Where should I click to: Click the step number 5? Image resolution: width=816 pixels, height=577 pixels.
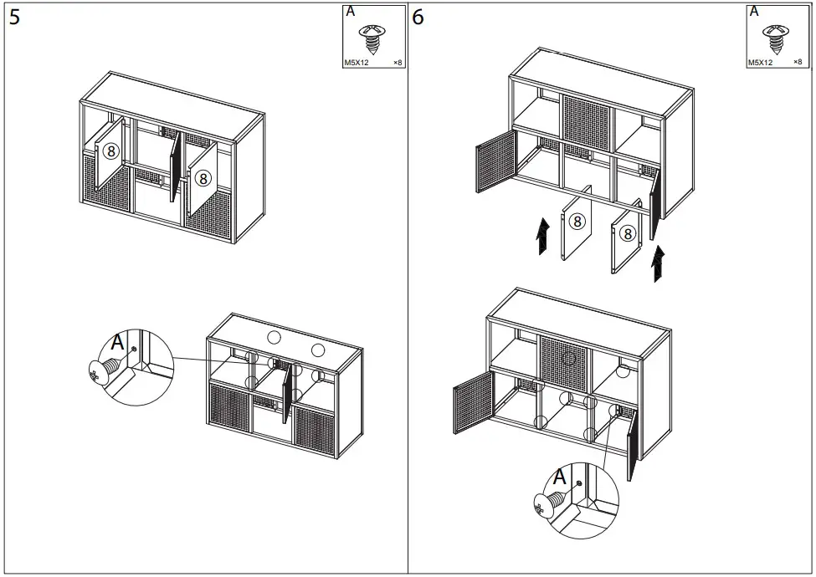(15, 18)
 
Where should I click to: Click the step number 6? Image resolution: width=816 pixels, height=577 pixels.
(418, 18)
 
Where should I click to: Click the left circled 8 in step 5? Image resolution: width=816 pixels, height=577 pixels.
(111, 151)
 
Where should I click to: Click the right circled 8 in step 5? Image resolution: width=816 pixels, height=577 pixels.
(203, 178)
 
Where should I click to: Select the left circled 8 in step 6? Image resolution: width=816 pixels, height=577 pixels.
(577, 221)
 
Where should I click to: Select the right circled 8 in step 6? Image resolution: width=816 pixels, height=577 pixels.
(626, 234)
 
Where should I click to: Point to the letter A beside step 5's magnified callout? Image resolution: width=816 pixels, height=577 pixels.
(118, 343)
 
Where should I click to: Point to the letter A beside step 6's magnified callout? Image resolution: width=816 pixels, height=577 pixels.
(558, 477)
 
